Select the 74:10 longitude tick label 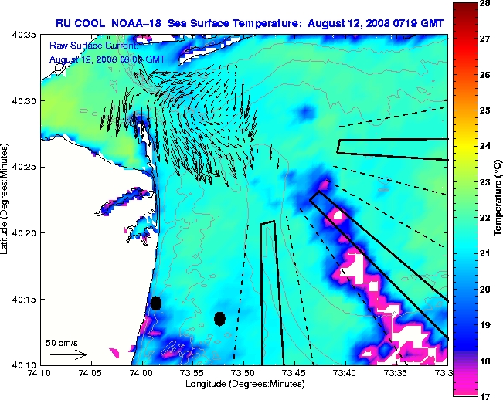39,373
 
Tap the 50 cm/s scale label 60,342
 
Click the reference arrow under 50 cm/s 68,354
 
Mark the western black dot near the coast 156,303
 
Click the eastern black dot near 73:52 219,318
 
